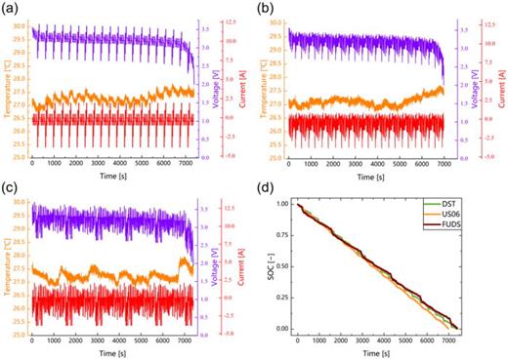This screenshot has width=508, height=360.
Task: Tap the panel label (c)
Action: (x=10, y=187)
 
